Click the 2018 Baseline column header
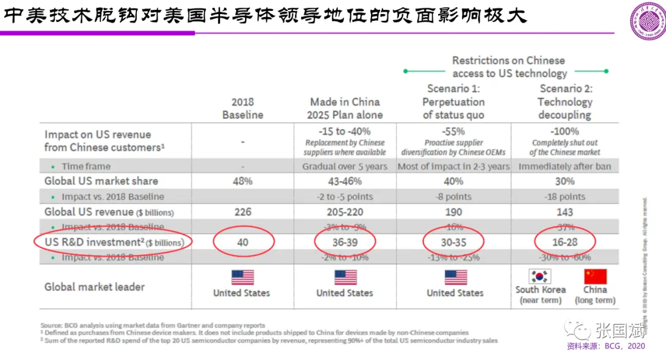click(x=243, y=108)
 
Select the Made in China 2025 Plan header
click(x=345, y=108)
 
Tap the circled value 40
click(x=243, y=243)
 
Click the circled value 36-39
click(x=345, y=243)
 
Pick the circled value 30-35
click(x=453, y=243)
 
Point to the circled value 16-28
click(x=565, y=243)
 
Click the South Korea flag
click(x=540, y=276)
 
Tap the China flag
click(x=595, y=276)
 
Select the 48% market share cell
click(x=243, y=181)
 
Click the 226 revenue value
click(x=243, y=211)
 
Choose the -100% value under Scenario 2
click(x=565, y=131)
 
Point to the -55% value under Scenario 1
click(x=453, y=131)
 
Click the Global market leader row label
click(x=94, y=287)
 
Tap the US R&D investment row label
click(x=114, y=243)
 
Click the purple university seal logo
click(x=647, y=22)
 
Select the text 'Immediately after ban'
click(x=565, y=166)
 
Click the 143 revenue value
click(x=565, y=211)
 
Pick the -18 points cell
click(x=565, y=197)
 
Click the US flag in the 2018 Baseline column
click(x=243, y=277)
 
